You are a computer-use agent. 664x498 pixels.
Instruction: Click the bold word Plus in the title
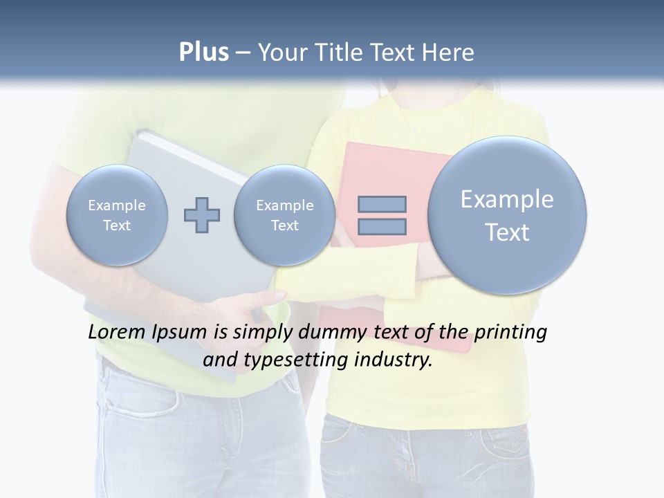pyautogui.click(x=203, y=53)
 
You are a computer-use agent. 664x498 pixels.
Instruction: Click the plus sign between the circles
pyautogui.click(x=202, y=215)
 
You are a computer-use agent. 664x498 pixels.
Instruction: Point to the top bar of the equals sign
pyautogui.click(x=382, y=204)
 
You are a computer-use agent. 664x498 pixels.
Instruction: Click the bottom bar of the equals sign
pyautogui.click(x=382, y=226)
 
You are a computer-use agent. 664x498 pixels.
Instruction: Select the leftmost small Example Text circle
pyautogui.click(x=117, y=215)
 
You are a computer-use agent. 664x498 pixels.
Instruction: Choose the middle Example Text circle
pyautogui.click(x=284, y=215)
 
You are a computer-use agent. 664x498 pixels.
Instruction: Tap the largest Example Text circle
pyautogui.click(x=507, y=215)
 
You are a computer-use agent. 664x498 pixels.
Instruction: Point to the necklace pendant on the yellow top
pyautogui.click(x=414, y=129)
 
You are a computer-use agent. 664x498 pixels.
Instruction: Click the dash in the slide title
pyautogui.click(x=243, y=53)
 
